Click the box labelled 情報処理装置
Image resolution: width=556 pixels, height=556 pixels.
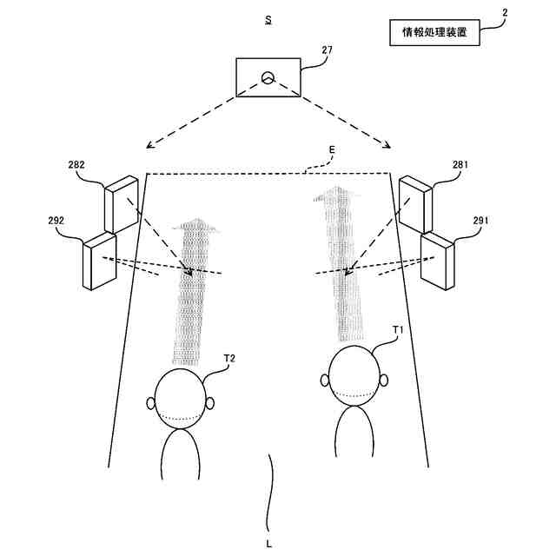pyautogui.click(x=435, y=34)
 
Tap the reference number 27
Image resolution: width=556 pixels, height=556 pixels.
pyautogui.click(x=327, y=50)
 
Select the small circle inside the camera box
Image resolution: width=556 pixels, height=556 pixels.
pyautogui.click(x=268, y=76)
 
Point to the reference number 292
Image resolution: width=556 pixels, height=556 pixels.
pyautogui.click(x=56, y=221)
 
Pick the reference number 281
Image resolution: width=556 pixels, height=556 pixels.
pyautogui.click(x=462, y=163)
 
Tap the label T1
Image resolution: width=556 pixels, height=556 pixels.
pyautogui.click(x=399, y=330)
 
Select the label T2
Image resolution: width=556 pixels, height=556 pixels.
pyautogui.click(x=230, y=358)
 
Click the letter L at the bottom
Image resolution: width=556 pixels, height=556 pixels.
pyautogui.click(x=269, y=543)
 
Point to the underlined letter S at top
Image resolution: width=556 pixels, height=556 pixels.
pyautogui.click(x=268, y=18)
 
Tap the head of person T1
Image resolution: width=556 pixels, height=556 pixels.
pyautogui.click(x=354, y=380)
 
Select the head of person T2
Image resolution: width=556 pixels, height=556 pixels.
pyautogui.click(x=181, y=401)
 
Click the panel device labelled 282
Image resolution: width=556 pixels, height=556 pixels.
pyautogui.click(x=121, y=205)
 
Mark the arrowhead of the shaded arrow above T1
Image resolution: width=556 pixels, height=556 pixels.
pyautogui.click(x=334, y=198)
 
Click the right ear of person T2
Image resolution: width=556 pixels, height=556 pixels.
pyautogui.click(x=211, y=403)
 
